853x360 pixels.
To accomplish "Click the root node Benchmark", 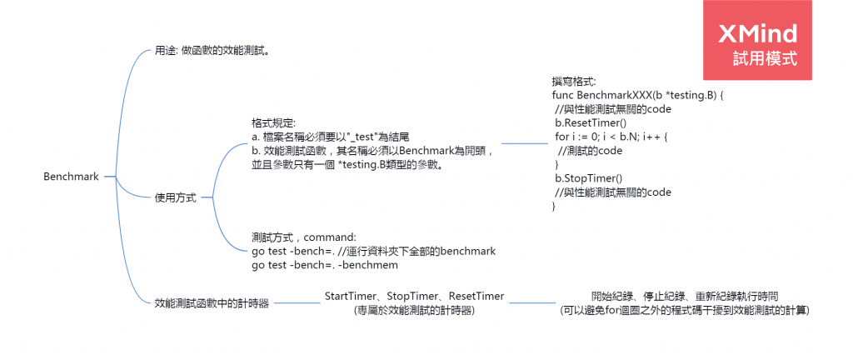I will (x=71, y=177).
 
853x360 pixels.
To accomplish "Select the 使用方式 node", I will (x=176, y=198).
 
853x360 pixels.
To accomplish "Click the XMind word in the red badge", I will (x=759, y=33).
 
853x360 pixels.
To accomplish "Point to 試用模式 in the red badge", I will (x=765, y=59).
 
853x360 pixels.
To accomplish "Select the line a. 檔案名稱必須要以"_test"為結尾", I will (x=330, y=137).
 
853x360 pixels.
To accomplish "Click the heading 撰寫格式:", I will (x=574, y=82).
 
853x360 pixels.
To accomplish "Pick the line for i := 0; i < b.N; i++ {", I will (x=612, y=137).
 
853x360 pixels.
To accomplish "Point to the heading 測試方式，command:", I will (x=303, y=237).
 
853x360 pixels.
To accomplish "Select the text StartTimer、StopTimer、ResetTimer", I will (x=414, y=296).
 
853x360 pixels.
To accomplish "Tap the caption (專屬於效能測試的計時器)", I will (x=414, y=310).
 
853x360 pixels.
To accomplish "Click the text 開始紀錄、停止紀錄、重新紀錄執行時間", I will (x=685, y=296).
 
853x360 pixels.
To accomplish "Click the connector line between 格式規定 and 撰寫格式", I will (x=525, y=142).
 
